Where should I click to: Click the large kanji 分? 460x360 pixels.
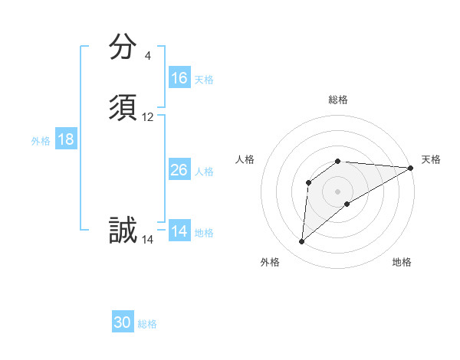[123, 47]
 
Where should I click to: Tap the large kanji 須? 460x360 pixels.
[123, 108]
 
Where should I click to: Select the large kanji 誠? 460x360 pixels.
[123, 230]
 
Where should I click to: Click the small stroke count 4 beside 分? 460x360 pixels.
[148, 56]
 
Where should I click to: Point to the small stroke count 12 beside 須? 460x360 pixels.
[148, 117]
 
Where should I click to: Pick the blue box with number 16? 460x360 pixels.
[179, 78]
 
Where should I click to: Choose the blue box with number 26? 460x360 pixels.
[179, 170]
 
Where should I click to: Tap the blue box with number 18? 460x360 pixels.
[66, 139]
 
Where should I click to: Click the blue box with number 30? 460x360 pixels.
[123, 323]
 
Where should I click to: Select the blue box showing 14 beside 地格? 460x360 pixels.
[179, 231]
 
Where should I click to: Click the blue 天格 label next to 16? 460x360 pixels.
[204, 79]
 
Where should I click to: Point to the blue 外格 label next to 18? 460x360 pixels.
[41, 140]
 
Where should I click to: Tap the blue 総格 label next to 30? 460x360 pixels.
[147, 324]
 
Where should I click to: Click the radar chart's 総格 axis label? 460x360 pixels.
[338, 100]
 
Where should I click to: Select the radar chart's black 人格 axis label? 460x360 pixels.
[245, 159]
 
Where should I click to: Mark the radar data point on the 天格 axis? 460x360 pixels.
[411, 168]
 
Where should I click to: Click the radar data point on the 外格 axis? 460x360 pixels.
[301, 242]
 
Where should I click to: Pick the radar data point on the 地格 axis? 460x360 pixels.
[347, 204]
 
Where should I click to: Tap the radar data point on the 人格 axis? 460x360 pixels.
[309, 182]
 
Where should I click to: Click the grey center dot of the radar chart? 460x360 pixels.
[338, 191]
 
